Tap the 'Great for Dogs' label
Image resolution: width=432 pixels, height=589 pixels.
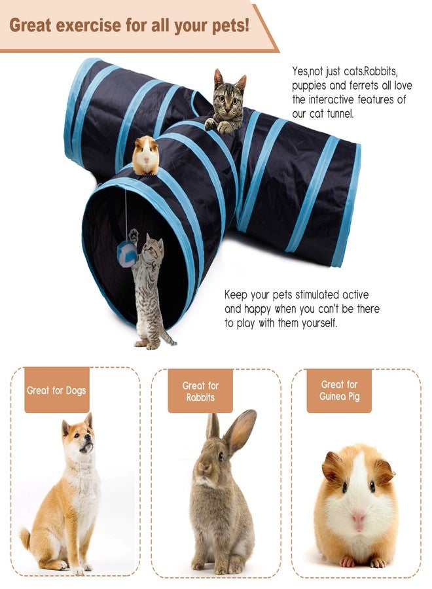[x=56, y=391]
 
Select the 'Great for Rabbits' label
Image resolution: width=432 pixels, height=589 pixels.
[x=200, y=391]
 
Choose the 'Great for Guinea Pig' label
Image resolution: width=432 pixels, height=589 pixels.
[x=339, y=391]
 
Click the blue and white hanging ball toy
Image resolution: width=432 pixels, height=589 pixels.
[x=127, y=253]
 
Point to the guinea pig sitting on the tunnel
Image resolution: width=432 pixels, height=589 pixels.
[x=145, y=155]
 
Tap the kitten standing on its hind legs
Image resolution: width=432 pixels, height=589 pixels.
[x=149, y=288]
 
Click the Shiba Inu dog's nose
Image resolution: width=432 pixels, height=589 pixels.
[x=90, y=445]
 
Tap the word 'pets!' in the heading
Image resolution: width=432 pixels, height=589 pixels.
[x=228, y=26]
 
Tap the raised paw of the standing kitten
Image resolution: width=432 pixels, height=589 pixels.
[x=134, y=234]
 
